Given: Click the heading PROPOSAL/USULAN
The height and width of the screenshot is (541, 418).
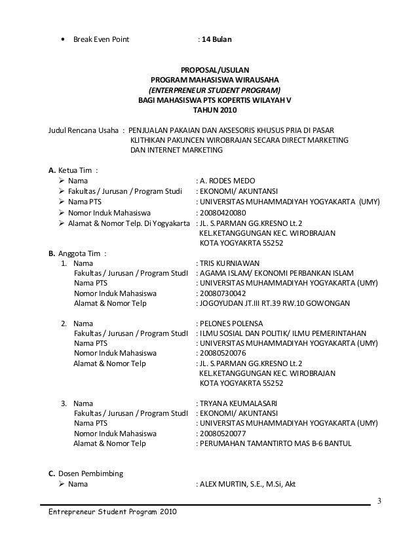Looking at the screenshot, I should pos(215,67).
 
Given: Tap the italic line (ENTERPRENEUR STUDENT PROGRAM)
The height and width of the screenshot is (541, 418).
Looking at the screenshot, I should pos(214,90).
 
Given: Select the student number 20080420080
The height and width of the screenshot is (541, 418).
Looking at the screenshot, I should pos(223,213).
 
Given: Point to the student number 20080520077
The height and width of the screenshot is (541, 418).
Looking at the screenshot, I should pos(223,434).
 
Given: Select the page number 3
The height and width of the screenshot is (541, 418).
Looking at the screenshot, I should pos(378,502).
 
